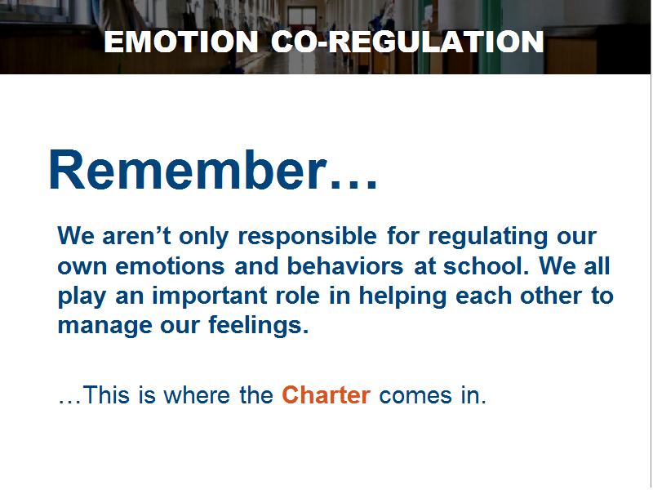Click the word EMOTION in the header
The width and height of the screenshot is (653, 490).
click(x=181, y=42)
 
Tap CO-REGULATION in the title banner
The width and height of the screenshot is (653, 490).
click(x=407, y=42)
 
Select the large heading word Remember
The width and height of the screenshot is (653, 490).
click(x=188, y=170)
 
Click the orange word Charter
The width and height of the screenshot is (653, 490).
click(x=326, y=394)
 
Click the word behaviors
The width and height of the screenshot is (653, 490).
click(x=345, y=265)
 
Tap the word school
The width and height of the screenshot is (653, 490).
click(x=486, y=265)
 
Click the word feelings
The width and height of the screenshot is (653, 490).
click(x=258, y=324)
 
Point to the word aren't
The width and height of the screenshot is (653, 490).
click(x=136, y=236)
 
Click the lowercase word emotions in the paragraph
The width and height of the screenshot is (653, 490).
click(x=170, y=266)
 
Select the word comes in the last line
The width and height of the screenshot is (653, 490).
click(x=415, y=396)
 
